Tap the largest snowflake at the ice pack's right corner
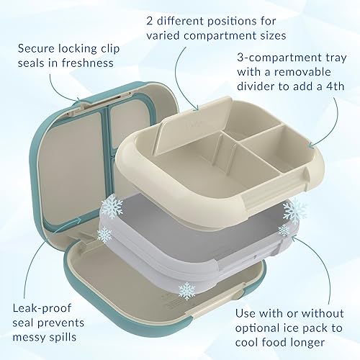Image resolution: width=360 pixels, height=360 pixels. point(294,211)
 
